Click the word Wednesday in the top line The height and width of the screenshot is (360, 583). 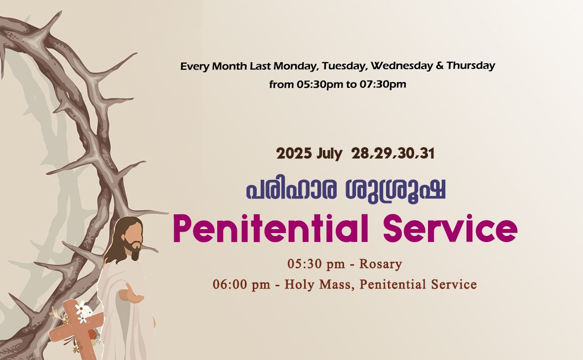pos(401,66)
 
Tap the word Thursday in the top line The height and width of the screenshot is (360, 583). pos(471,66)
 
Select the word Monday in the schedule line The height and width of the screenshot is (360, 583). pos(295,67)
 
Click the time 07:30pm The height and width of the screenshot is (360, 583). pos(383,84)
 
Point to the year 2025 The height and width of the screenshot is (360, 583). pos(294,153)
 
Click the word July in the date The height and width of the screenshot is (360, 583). pos(329,154)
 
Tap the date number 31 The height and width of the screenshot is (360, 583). pos(427,154)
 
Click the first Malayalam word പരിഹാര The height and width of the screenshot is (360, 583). pos(291,189)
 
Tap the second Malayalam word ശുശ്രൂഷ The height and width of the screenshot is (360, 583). pos(395,190)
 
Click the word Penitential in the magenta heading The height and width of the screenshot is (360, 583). pos(271,228)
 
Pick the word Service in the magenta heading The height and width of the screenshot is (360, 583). pos(450,228)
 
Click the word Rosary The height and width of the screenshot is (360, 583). pos(381,264)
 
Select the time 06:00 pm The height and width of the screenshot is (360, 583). pos(241,284)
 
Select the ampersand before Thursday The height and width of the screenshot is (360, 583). pos(440,66)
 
